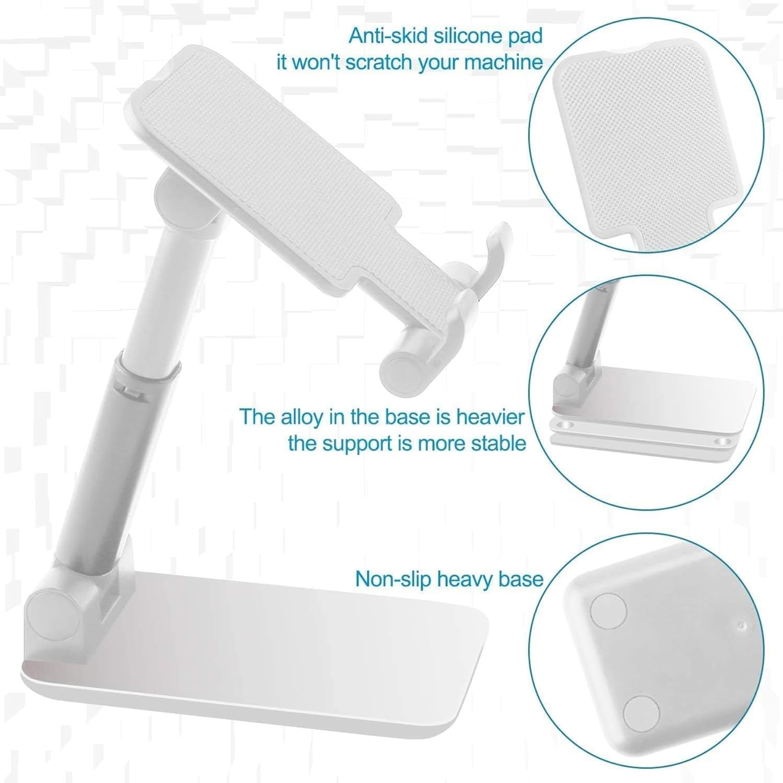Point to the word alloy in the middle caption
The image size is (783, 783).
click(x=301, y=417)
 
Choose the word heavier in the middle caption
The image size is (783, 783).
click(x=490, y=417)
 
